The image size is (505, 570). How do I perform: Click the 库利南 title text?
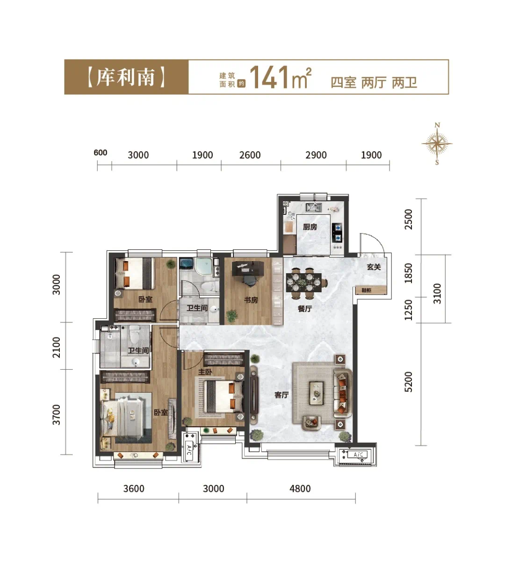[x=126, y=77]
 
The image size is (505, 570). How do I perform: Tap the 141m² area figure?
[x=281, y=77]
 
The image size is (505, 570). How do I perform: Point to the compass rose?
[x=437, y=144]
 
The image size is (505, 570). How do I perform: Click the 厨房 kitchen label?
[x=310, y=227]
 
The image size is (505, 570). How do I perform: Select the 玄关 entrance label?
[x=374, y=267]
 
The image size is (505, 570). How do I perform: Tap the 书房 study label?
[x=251, y=300]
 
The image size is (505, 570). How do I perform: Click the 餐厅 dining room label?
[x=304, y=308]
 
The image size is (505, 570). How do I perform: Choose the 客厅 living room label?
[x=281, y=395]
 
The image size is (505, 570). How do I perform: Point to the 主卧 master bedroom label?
[x=205, y=372]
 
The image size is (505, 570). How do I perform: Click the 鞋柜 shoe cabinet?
[x=371, y=290]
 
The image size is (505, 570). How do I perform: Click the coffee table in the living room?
[x=317, y=393]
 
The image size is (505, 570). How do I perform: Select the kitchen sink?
[x=314, y=207]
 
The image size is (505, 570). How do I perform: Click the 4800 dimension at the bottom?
[x=300, y=489]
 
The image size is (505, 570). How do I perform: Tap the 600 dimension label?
[x=101, y=153]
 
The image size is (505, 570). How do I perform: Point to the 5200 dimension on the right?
[x=408, y=382]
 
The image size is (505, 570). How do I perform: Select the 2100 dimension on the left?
[x=56, y=347]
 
